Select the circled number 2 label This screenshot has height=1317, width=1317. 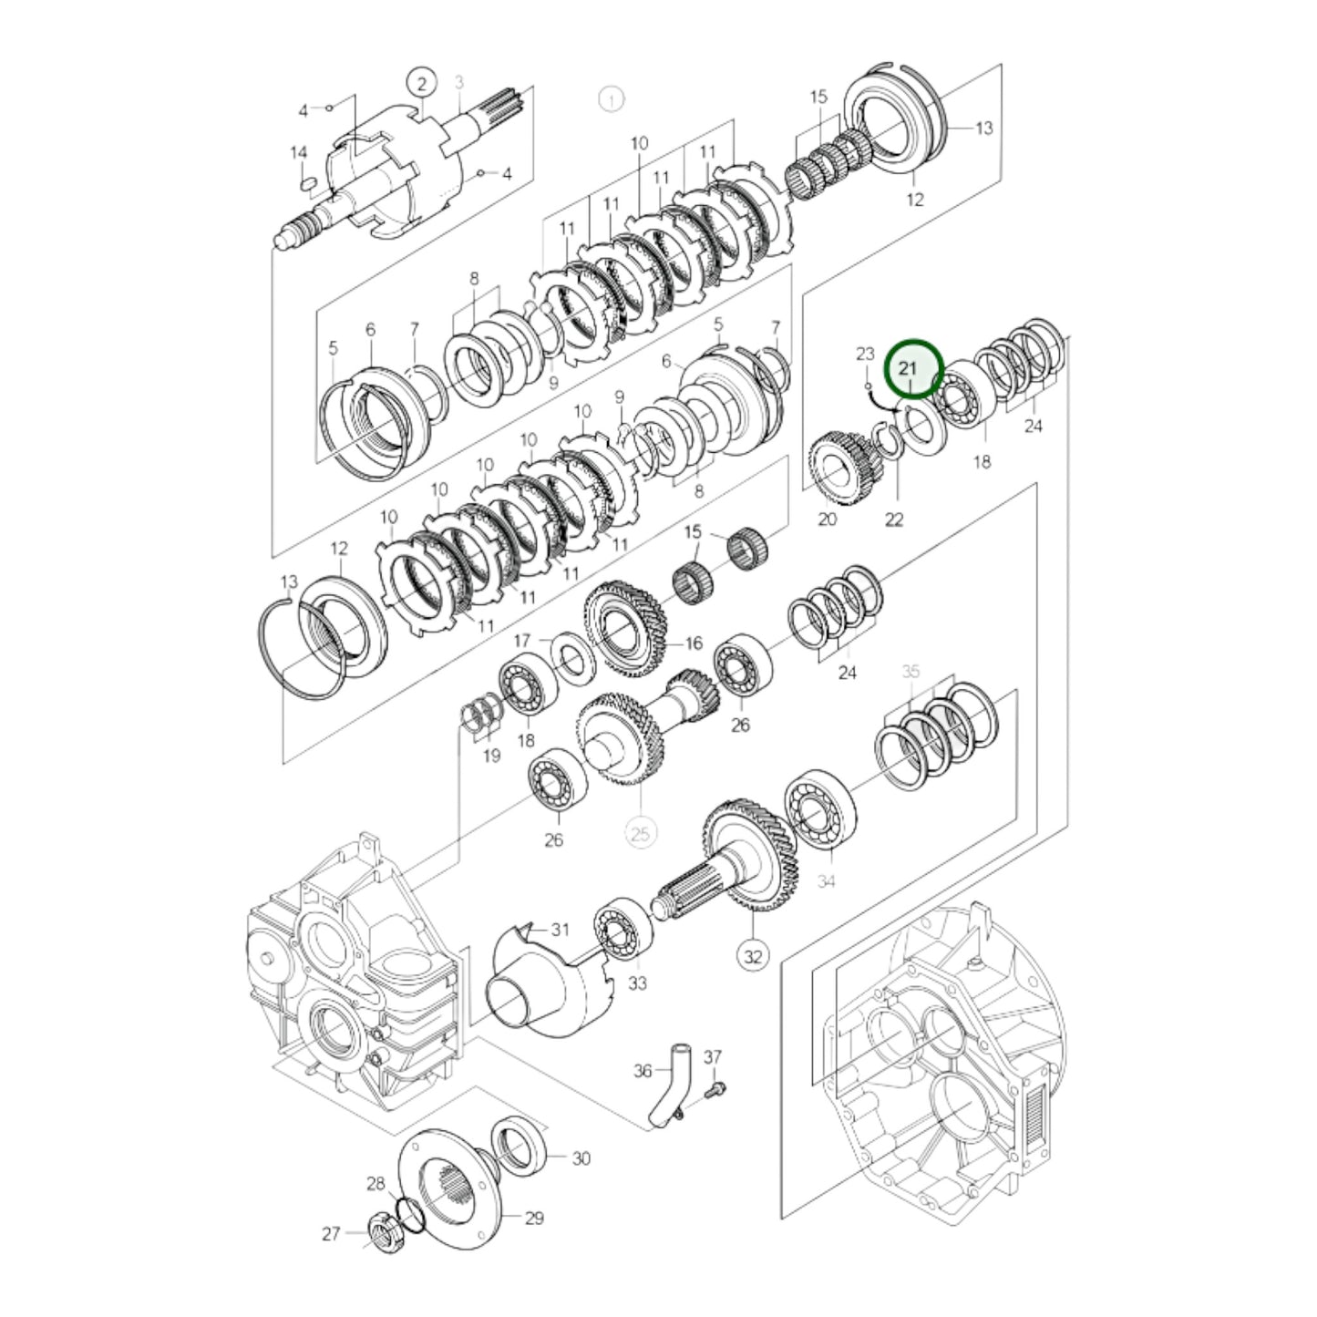(421, 84)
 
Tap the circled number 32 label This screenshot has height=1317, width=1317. (753, 956)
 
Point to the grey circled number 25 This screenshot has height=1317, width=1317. (641, 832)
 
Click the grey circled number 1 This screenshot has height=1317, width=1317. (611, 98)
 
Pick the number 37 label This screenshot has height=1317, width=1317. (712, 1057)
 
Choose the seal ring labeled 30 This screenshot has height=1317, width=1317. (520, 1143)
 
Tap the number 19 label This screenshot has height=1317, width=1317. (491, 756)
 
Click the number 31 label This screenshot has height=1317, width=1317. (560, 930)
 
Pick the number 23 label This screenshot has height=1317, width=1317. (865, 354)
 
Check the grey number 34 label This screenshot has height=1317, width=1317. (826, 881)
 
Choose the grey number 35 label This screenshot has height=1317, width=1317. (911, 671)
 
